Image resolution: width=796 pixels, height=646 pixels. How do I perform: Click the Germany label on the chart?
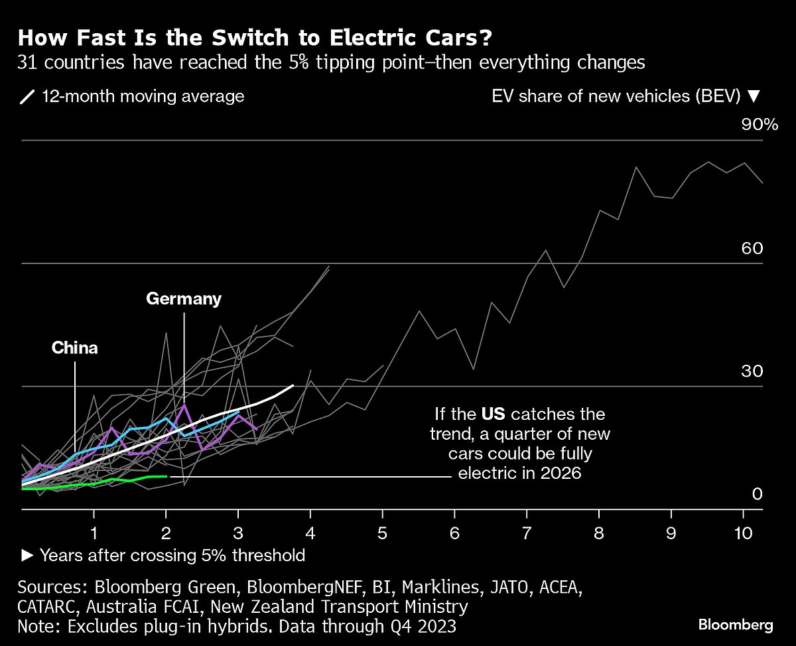pyautogui.click(x=184, y=299)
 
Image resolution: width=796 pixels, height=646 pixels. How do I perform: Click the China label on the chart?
pyautogui.click(x=75, y=348)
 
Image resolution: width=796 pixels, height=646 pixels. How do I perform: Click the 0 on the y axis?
pyautogui.click(x=758, y=493)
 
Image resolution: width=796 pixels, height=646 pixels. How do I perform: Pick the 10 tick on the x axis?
pyautogui.click(x=743, y=533)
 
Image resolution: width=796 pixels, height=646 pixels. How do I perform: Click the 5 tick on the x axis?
pyautogui.click(x=383, y=533)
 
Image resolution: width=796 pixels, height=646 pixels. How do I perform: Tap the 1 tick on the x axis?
pyautogui.click(x=95, y=533)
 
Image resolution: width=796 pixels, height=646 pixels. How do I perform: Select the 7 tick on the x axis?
pyautogui.click(x=527, y=533)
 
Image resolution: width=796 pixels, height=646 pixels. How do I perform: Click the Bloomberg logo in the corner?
pyautogui.click(x=736, y=625)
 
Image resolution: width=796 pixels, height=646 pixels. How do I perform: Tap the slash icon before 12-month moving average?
pyautogui.click(x=27, y=97)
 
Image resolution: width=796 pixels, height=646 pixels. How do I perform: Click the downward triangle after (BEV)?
pyautogui.click(x=752, y=96)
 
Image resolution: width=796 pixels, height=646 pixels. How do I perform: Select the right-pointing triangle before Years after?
pyautogui.click(x=27, y=555)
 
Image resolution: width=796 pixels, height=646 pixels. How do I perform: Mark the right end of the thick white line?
pyautogui.click(x=293, y=385)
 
